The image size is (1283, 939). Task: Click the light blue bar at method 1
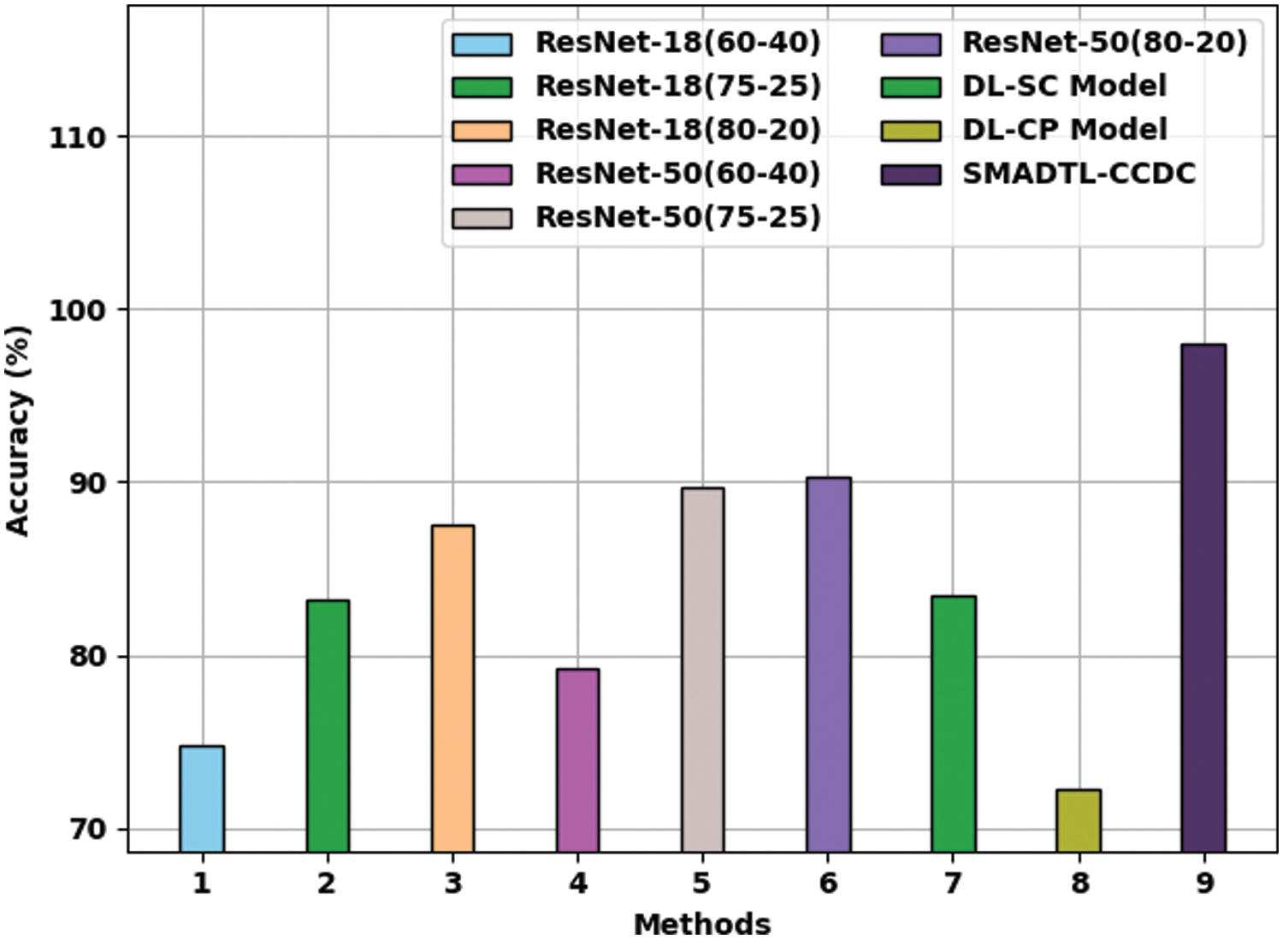click(202, 799)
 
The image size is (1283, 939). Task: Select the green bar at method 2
click(328, 726)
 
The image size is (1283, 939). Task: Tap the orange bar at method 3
click(452, 688)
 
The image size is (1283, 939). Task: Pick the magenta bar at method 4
click(577, 760)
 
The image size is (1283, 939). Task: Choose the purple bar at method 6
click(828, 664)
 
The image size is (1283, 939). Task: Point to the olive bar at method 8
click(1078, 820)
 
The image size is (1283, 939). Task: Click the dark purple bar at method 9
click(1203, 598)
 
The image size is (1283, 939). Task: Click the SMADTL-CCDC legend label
click(1079, 174)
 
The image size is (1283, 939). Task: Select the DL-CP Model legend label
click(1064, 130)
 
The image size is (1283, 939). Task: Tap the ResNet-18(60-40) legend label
click(677, 43)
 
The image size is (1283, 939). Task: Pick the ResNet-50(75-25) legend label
click(677, 217)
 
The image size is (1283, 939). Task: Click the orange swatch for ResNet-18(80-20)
click(482, 131)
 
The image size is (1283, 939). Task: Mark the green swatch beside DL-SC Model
click(911, 87)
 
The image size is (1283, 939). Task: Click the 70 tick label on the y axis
click(88, 830)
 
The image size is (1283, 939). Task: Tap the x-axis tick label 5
click(702, 883)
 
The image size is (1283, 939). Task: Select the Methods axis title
click(702, 924)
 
